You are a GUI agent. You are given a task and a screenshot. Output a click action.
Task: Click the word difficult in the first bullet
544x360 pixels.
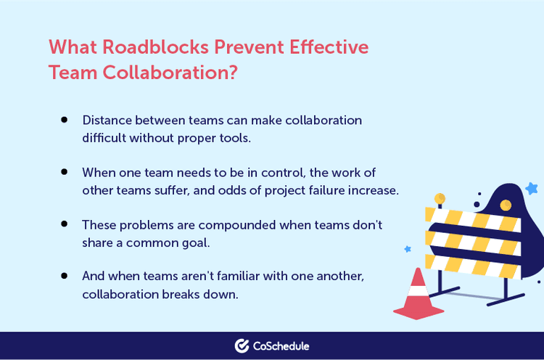click(108, 137)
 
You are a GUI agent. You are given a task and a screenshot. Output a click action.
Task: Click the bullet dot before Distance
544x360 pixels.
click(65, 119)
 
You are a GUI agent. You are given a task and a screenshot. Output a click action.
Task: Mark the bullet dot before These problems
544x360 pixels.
click(65, 224)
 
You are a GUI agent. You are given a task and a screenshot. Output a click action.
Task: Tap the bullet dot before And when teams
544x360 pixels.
click(65, 277)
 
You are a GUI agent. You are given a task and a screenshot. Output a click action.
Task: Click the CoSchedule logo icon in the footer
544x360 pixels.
click(242, 346)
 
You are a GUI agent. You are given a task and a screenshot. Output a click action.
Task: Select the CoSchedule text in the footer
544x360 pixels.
click(282, 346)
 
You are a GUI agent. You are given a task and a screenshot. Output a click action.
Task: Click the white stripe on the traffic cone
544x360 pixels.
click(418, 291)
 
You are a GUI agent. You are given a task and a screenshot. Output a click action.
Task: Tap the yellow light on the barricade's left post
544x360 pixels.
click(440, 198)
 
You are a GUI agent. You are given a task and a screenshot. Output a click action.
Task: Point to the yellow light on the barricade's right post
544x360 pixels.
click(506, 205)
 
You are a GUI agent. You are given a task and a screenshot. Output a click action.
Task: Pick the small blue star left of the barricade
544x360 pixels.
click(408, 249)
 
